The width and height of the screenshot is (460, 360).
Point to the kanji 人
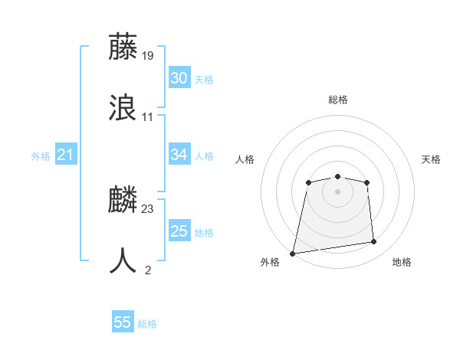pos(123,260)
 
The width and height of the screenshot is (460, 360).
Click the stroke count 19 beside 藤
pos(148,55)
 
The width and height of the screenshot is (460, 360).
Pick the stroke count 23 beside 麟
pos(148,208)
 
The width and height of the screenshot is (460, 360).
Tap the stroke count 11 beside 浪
pos(148,116)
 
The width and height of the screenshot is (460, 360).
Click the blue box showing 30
pos(179,78)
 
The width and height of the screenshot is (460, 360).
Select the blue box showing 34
pos(179,155)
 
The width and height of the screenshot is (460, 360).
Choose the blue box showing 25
pos(179,231)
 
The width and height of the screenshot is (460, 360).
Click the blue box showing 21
pos(65,155)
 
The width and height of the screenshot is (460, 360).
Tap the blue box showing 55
pos(123,322)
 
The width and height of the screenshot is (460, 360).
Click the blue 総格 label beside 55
pos(147,324)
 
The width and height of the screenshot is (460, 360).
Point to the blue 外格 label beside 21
pos(41,156)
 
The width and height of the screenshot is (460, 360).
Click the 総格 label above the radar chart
pos(338,100)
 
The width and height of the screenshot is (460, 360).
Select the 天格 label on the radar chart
pos(432,159)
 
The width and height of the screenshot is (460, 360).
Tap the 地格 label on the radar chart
pos(402,262)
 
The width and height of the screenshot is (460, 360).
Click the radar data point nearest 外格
pos(293,253)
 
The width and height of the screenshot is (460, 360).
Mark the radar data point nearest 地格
pos(373,242)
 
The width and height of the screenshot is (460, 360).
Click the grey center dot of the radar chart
pos(337,191)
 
